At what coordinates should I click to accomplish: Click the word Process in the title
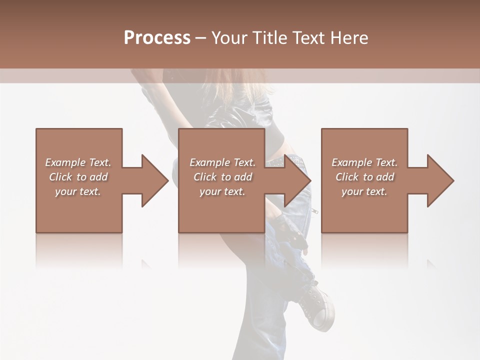point(157,38)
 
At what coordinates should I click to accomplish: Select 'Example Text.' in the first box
point(78,162)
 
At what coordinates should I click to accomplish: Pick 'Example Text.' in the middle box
point(222,162)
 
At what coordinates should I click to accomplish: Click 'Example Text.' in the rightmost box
point(364,162)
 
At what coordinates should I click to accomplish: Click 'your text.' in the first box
point(78,191)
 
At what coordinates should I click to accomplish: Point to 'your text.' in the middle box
point(222,191)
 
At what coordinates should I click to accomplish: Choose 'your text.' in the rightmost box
point(364,191)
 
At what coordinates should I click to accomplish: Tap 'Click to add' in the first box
point(78,177)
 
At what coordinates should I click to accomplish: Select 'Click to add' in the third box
point(364,177)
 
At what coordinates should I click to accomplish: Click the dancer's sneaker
point(317,305)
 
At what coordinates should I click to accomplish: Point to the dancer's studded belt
point(290,161)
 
